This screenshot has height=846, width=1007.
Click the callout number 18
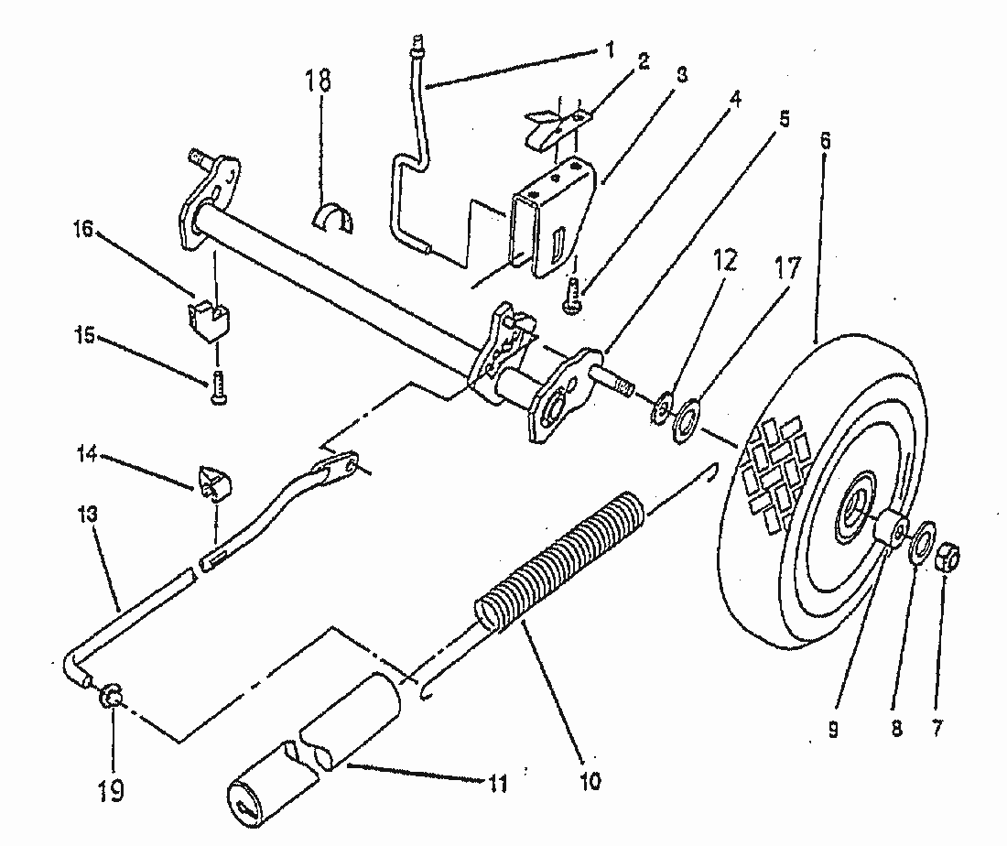tap(319, 81)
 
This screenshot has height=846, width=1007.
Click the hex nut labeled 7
tap(951, 554)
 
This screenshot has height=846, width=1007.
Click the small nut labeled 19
tap(110, 700)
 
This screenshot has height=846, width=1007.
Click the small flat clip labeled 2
tap(555, 125)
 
